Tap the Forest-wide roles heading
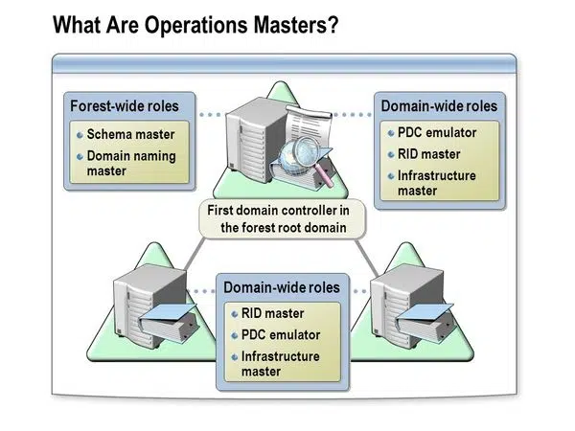[x=130, y=104]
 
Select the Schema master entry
[x=130, y=134]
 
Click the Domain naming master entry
[x=131, y=163]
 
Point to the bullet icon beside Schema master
[x=80, y=134]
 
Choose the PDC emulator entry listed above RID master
[x=436, y=132]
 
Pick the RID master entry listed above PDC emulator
[x=272, y=313]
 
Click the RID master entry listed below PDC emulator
[x=428, y=154]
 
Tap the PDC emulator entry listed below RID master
[x=280, y=335]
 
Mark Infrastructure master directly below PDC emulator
[x=281, y=364]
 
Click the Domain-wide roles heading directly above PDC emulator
[x=439, y=104]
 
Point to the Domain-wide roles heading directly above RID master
[x=282, y=287]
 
